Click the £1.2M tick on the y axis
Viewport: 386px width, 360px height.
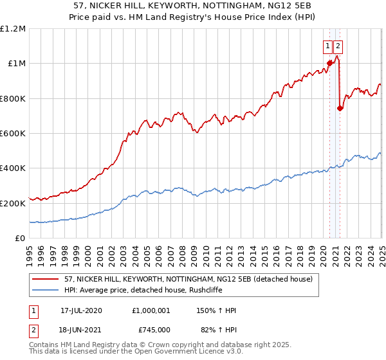pyautogui.click(x=13, y=29)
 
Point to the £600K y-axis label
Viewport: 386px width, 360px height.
pyautogui.click(x=13, y=134)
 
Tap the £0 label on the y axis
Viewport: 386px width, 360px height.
pyautogui.click(x=20, y=239)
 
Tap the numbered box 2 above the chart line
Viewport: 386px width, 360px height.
pyautogui.click(x=338, y=46)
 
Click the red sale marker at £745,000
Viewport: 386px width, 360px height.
pyautogui.click(x=340, y=108)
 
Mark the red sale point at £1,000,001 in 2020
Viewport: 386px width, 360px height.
pyautogui.click(x=329, y=63)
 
